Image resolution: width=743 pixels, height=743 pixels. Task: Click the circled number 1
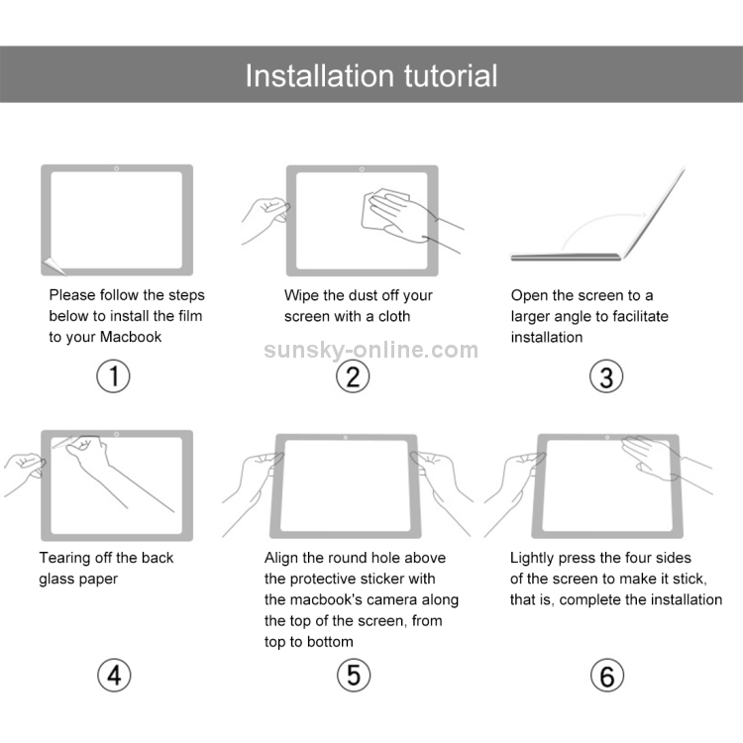(x=113, y=376)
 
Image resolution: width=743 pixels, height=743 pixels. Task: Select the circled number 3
(x=605, y=376)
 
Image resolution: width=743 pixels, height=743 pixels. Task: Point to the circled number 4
(x=113, y=676)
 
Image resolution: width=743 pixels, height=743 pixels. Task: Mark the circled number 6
(x=605, y=676)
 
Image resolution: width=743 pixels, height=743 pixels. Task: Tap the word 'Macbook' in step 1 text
(x=131, y=337)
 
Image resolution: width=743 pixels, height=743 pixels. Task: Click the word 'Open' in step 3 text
(x=529, y=295)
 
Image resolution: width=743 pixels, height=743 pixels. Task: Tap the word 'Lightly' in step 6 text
(x=536, y=558)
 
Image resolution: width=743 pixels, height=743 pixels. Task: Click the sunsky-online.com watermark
(x=371, y=350)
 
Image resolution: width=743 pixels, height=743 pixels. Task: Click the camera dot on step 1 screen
(x=117, y=168)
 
